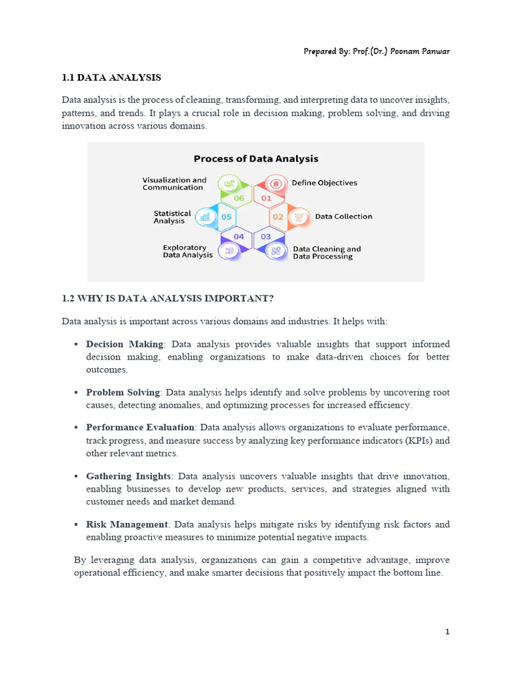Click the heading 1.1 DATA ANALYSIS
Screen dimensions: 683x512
click(111, 78)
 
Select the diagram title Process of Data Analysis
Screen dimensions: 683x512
click(256, 159)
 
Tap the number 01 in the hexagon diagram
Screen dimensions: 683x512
click(266, 198)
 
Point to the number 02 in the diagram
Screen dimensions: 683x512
click(278, 217)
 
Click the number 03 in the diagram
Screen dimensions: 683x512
click(266, 236)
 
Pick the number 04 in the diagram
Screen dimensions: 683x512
click(239, 236)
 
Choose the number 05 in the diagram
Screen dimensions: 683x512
click(227, 217)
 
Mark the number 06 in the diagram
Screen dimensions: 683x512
click(239, 198)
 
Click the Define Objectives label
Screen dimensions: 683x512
click(325, 183)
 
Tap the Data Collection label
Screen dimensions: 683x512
click(343, 217)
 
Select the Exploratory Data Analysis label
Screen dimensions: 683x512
click(188, 251)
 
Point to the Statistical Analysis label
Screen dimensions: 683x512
click(172, 217)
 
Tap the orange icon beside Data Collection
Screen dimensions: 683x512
click(300, 217)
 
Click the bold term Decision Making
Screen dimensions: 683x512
click(125, 344)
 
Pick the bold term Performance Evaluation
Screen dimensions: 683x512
click(140, 427)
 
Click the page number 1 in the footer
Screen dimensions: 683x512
click(448, 632)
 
